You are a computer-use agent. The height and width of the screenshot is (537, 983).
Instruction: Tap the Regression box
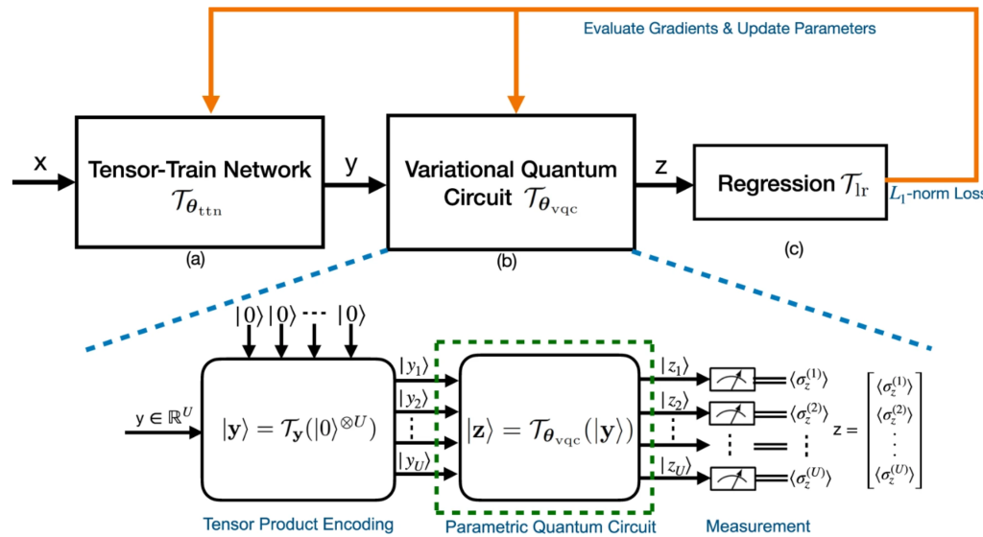(x=787, y=182)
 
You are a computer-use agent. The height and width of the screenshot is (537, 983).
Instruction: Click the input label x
(x=40, y=164)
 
